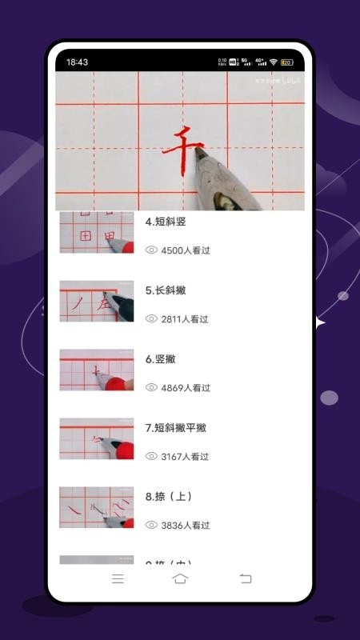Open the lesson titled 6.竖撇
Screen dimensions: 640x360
click(x=161, y=359)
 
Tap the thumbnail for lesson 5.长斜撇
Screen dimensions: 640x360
click(x=97, y=301)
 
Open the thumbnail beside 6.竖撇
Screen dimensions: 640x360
click(x=97, y=370)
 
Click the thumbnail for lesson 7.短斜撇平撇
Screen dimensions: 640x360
click(x=97, y=438)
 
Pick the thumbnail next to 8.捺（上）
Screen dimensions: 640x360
click(x=97, y=507)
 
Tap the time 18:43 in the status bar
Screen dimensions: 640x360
click(x=78, y=62)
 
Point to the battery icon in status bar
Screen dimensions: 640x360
click(x=286, y=62)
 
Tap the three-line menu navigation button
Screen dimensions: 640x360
click(x=118, y=578)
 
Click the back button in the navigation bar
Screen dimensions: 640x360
click(x=246, y=578)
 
